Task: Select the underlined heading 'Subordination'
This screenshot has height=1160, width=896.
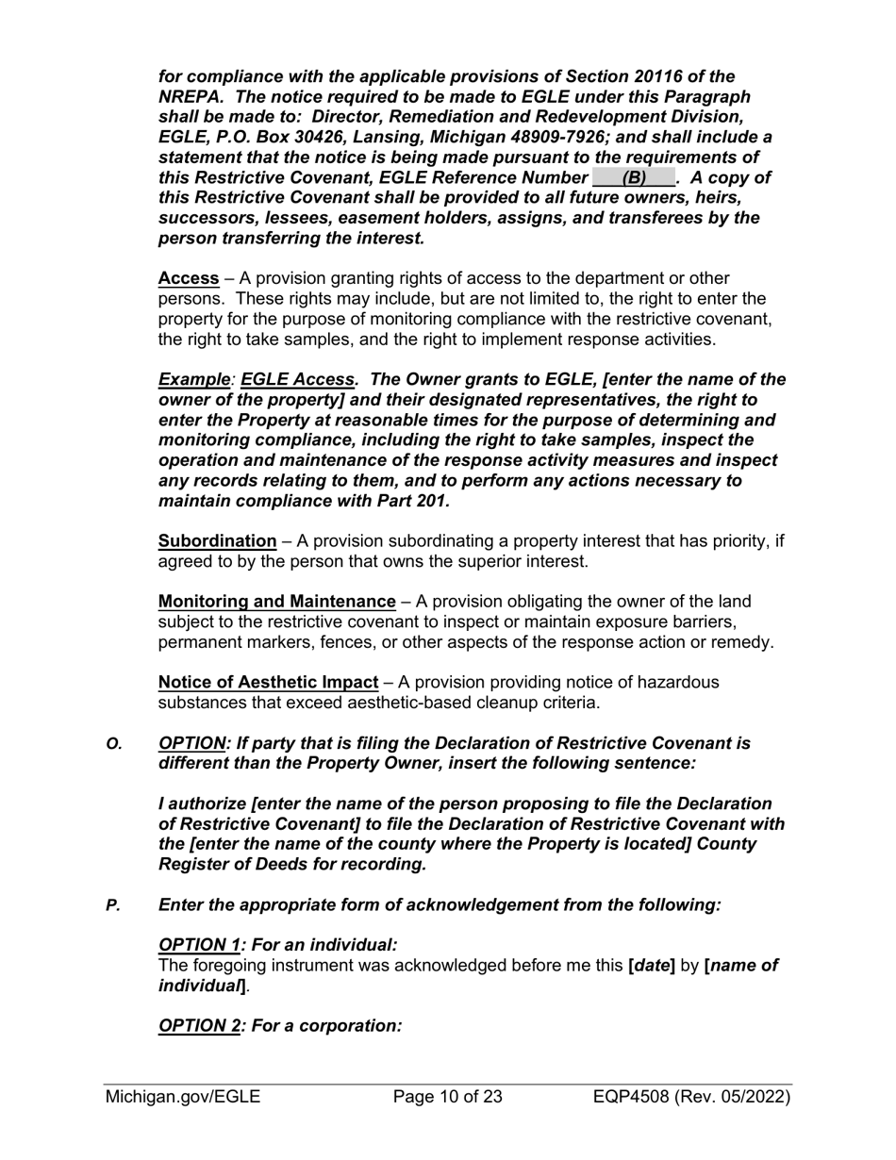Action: pos(217,541)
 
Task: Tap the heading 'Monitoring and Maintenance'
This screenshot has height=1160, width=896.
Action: pos(276,601)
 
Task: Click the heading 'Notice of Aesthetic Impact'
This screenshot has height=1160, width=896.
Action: pos(268,682)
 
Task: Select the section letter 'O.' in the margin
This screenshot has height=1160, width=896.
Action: pos(114,743)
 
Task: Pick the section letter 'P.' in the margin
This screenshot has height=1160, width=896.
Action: pos(113,904)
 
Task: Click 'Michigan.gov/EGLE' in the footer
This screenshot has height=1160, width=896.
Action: pos(183,1097)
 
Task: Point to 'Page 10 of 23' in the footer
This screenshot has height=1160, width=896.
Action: pos(447,1097)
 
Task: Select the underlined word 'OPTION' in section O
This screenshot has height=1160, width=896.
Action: pos(192,743)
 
